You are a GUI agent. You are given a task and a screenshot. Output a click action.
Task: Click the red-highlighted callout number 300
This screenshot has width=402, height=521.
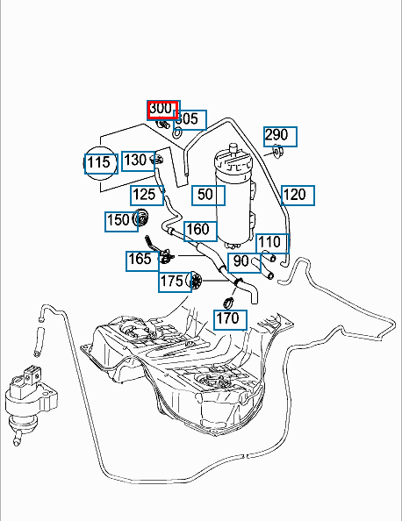[162, 110]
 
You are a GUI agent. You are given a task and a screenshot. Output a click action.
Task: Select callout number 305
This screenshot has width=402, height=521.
[190, 119]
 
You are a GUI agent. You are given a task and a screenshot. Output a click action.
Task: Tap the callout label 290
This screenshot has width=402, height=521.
[280, 137]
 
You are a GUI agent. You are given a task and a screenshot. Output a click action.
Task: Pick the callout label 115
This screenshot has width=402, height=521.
[101, 164]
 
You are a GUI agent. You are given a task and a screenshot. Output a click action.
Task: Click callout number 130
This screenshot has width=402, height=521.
[139, 161]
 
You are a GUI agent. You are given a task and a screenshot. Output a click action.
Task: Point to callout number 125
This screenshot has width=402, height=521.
[147, 196]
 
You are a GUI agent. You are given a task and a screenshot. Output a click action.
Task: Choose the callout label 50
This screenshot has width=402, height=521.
[209, 196]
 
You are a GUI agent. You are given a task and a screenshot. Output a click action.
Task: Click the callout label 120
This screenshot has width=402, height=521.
[298, 196]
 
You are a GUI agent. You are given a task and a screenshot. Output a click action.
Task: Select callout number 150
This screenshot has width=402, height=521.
[121, 221]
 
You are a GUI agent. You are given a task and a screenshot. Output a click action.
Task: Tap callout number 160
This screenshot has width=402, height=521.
[200, 232]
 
